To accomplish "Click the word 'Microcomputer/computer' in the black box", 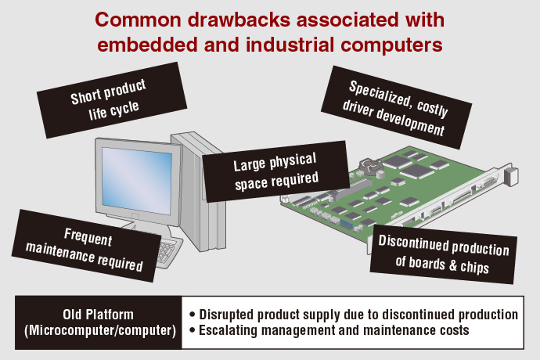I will click(99, 330).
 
